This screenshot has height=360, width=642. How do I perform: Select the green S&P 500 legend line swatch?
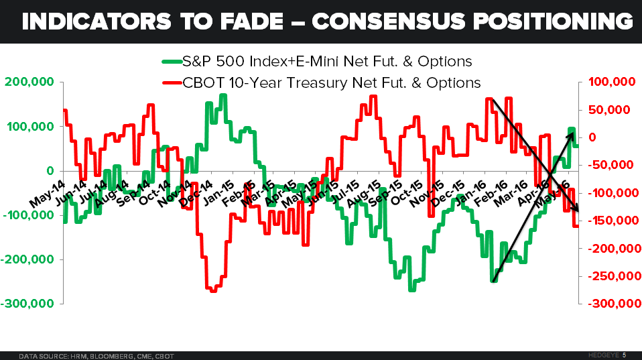tap(171, 62)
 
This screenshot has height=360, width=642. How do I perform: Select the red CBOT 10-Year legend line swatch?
tap(171, 83)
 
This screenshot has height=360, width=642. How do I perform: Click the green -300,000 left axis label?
tap(28, 303)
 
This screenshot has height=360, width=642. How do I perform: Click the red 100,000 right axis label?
tap(611, 82)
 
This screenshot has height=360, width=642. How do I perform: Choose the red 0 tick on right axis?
tap(591, 137)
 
